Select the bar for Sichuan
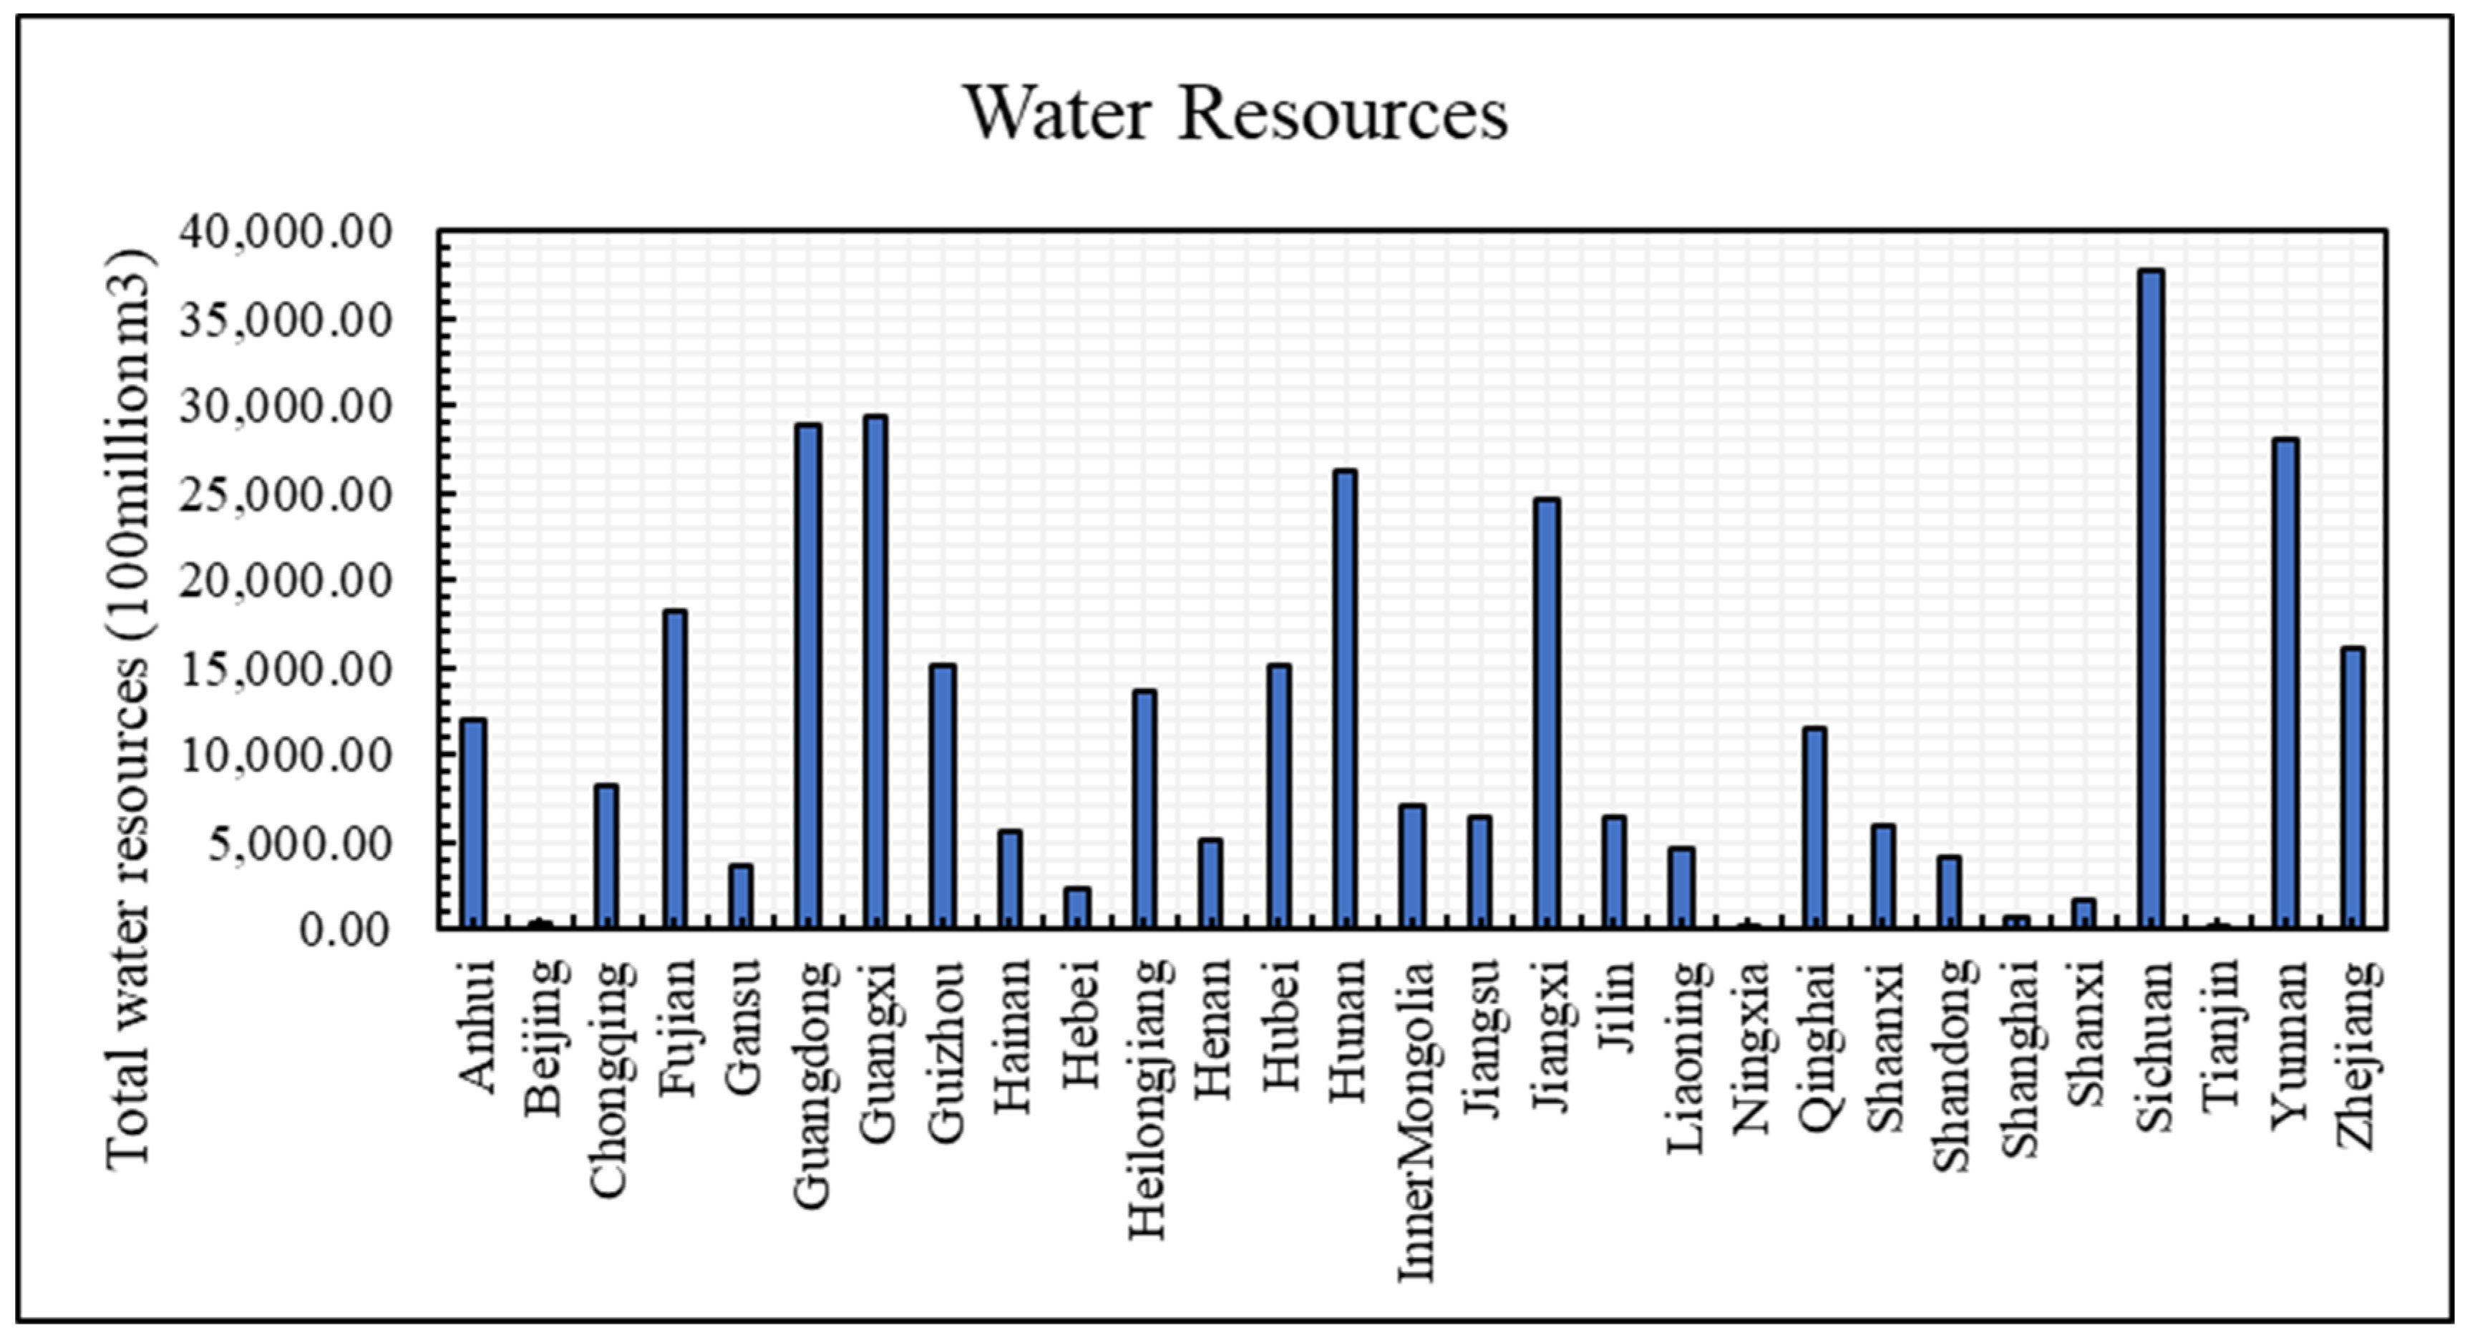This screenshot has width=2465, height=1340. pos(2152,598)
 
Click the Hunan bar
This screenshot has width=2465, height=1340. pos(1346,698)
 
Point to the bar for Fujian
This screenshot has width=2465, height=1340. pos(675,768)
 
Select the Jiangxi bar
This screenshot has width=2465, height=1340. pos(1547,713)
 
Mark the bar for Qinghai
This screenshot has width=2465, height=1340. pos(1814,827)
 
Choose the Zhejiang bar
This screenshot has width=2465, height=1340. pos(2353,787)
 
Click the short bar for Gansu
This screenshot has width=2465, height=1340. pos(741,896)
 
